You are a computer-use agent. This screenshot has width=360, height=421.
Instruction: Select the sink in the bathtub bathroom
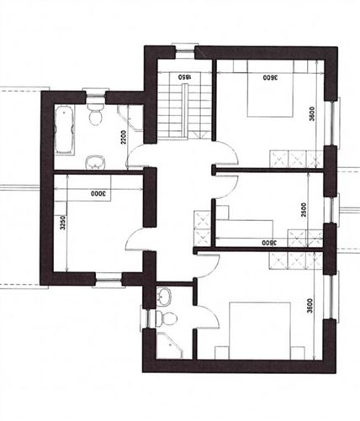point(94,161)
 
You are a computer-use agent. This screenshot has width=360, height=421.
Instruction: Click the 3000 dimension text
point(95,193)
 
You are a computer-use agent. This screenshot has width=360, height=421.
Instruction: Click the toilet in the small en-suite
point(168,318)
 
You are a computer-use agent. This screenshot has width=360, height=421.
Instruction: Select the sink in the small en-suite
point(165,296)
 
